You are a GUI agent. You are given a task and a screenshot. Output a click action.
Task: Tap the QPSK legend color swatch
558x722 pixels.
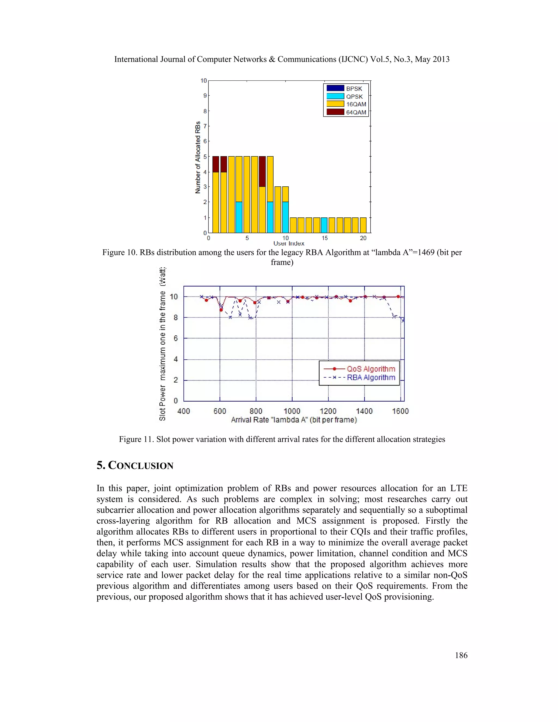335,96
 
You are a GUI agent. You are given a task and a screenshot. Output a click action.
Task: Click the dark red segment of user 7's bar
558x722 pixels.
262,171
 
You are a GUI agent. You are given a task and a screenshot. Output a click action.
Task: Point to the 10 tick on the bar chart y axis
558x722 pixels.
204,81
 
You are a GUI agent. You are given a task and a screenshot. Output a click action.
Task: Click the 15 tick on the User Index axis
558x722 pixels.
325,238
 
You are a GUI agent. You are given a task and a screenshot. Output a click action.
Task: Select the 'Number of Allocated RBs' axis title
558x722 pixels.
198,157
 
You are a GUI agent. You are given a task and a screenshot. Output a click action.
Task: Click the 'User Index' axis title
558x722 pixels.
289,244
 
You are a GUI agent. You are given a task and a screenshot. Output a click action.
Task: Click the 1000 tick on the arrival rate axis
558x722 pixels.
292,411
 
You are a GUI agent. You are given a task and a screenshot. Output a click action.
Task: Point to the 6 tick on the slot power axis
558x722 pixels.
175,338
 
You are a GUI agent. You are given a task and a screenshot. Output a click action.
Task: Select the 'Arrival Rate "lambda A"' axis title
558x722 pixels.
294,420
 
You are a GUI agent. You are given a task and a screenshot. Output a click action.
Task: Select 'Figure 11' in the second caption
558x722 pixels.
135,439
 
